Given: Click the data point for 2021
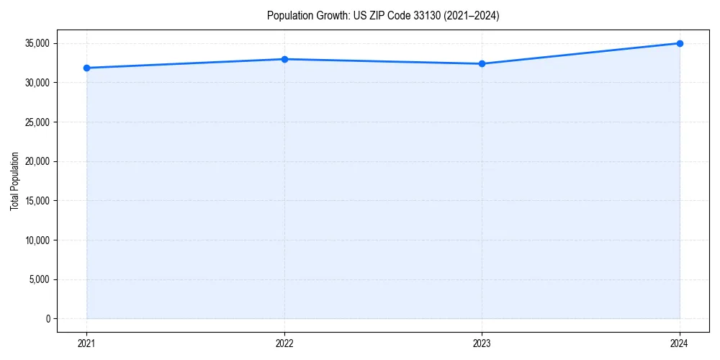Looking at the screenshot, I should pyautogui.click(x=86, y=68).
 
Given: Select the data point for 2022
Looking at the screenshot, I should pyautogui.click(x=284, y=59).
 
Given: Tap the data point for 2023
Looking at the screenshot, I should pyautogui.click(x=482, y=63).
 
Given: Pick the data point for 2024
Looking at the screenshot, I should pyautogui.click(x=680, y=43).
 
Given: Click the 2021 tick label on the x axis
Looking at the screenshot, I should pyautogui.click(x=86, y=343).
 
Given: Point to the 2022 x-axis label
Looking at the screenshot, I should pyautogui.click(x=284, y=343).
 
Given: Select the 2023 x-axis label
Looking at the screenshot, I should pyautogui.click(x=482, y=343).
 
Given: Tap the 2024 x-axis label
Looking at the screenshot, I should pyautogui.click(x=680, y=343).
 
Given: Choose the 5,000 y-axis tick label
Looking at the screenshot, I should pyautogui.click(x=40, y=279).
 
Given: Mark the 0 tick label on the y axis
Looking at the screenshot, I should pyautogui.click(x=48, y=319).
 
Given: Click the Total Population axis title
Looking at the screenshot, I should pyautogui.click(x=14, y=181).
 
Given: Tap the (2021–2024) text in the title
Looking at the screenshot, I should pyautogui.click(x=472, y=15).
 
